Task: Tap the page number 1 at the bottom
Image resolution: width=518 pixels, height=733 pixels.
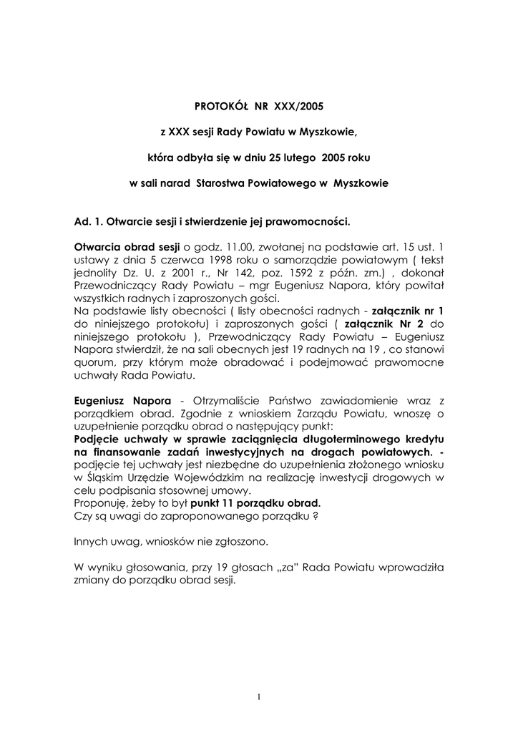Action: (259, 699)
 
